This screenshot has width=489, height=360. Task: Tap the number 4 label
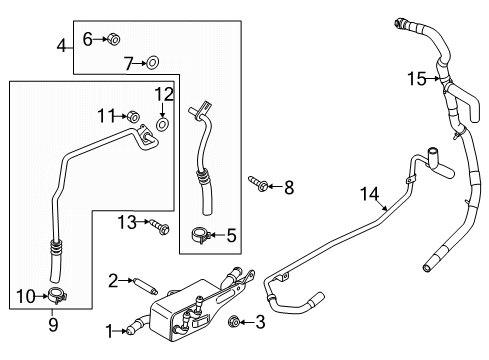(x=62, y=46)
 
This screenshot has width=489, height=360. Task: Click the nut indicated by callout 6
(x=114, y=39)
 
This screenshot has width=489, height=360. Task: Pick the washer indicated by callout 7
(x=154, y=63)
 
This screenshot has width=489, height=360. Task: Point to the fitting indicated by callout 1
(x=131, y=325)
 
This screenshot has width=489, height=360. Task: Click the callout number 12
(x=164, y=94)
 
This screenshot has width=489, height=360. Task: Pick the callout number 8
(x=289, y=186)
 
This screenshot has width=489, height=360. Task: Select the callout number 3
(x=259, y=322)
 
